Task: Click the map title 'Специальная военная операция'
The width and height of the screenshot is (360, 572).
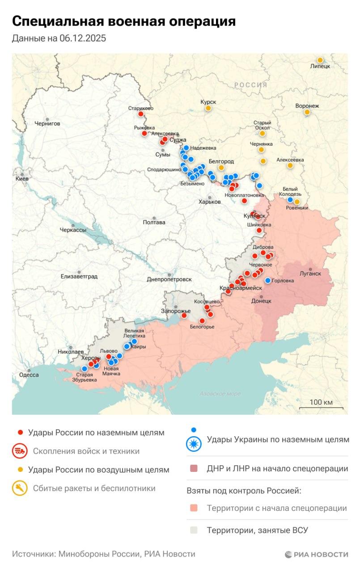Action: (x=123, y=21)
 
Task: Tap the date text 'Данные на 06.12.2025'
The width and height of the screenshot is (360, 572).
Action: (x=59, y=38)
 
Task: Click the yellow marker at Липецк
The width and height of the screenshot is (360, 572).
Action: (x=320, y=60)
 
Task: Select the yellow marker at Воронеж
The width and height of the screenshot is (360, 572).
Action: (x=307, y=112)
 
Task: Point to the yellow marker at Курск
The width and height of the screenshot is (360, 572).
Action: (x=208, y=108)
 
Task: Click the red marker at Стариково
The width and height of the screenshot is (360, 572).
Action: (x=141, y=114)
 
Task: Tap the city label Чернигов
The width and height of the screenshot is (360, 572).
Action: (x=47, y=123)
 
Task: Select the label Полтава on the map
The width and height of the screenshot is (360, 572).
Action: (x=154, y=223)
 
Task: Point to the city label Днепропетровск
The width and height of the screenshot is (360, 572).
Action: (x=169, y=279)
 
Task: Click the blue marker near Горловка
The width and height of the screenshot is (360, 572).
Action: (x=268, y=281)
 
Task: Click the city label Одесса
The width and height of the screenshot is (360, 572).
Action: (x=30, y=375)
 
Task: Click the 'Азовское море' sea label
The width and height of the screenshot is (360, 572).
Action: (x=220, y=394)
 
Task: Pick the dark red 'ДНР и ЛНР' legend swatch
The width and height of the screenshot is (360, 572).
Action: (x=194, y=469)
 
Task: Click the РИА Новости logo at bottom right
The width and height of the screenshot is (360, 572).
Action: (x=316, y=555)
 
